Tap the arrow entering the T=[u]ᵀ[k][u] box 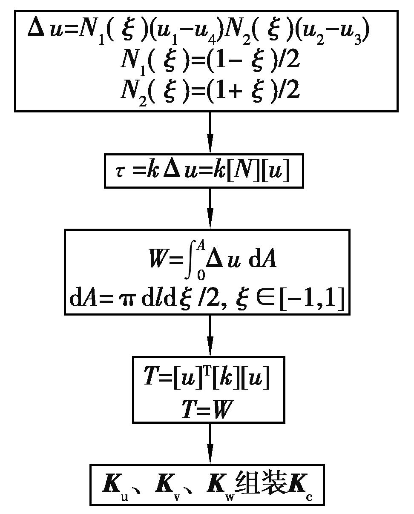pos(210,336)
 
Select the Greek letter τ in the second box pos(120,172)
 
